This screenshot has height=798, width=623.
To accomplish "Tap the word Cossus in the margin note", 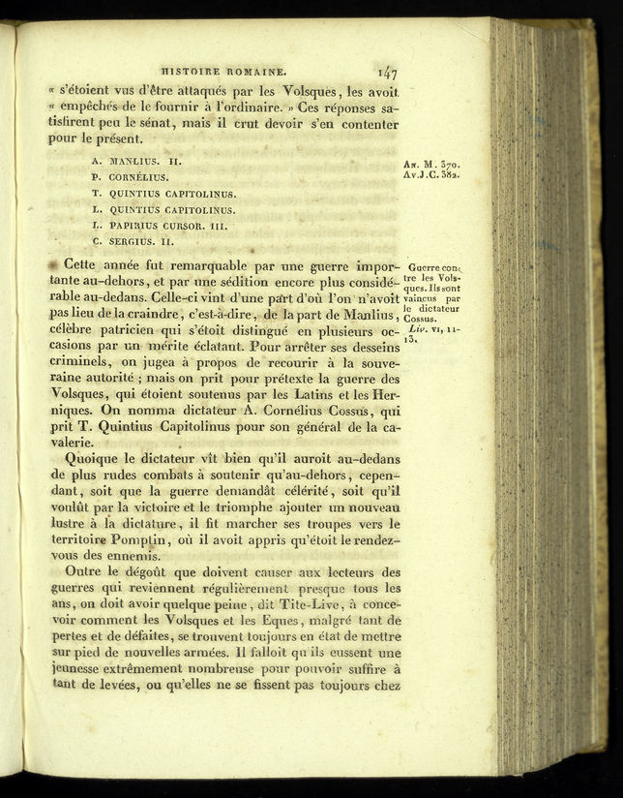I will pyautogui.click(x=421, y=318).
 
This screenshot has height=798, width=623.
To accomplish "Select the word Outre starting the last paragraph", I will pyautogui.click(x=84, y=571).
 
